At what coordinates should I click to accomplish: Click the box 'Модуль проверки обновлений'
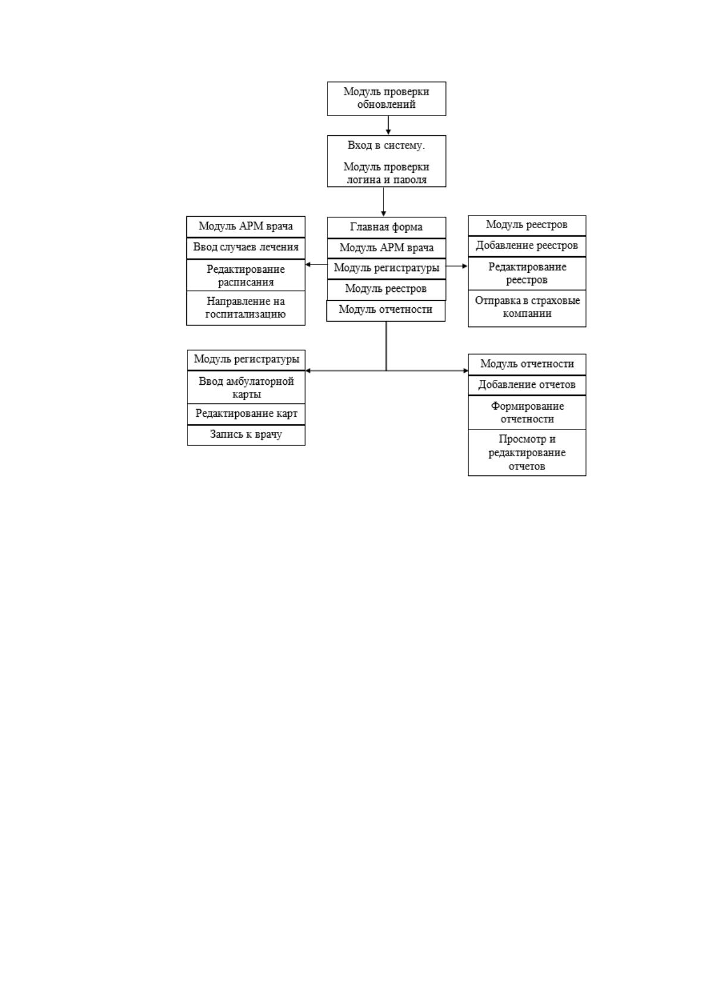(386, 98)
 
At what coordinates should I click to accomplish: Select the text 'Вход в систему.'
(386, 145)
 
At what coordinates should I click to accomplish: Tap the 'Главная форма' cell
(386, 228)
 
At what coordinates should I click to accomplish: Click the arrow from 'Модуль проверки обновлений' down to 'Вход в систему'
(388, 125)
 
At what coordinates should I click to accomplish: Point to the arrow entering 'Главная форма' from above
(383, 201)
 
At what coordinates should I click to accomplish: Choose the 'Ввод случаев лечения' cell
(246, 248)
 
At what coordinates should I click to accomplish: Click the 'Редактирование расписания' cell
(246, 275)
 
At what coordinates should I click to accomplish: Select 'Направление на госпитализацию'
(246, 308)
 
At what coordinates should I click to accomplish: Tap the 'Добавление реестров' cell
(527, 246)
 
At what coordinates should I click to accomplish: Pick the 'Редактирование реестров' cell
(527, 273)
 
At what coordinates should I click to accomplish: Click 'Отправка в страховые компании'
(527, 309)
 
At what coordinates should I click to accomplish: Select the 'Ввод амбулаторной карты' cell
(246, 387)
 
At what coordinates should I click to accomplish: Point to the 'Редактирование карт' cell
(246, 414)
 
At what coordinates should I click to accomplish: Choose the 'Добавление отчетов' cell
(527, 385)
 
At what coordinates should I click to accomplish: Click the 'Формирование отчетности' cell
(527, 412)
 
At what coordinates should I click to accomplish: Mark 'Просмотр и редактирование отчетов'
(527, 452)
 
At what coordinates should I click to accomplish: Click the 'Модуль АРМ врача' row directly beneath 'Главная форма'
(386, 248)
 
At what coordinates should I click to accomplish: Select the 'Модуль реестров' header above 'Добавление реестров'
(527, 225)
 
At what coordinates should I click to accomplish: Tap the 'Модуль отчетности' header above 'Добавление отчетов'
(527, 365)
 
